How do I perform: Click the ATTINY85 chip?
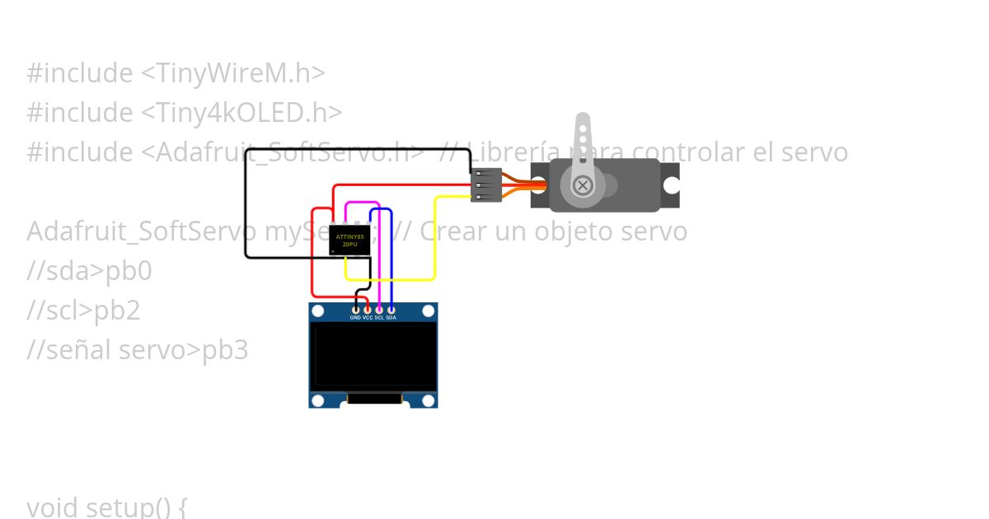349,241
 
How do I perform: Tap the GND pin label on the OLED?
355,317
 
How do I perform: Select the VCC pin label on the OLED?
368,317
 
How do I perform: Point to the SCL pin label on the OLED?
379,317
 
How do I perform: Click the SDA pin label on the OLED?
391,317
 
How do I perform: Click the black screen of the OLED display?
373,355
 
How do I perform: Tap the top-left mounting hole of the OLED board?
318,311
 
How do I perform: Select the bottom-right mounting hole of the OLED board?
429,400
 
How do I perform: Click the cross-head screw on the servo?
583,185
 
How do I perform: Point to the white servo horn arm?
583,136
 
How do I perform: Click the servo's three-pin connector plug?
486,185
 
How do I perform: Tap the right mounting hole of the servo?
672,185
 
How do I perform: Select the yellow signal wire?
434,239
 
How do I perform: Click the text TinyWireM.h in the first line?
233,73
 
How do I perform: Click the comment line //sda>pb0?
89,271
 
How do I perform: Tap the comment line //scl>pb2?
83,311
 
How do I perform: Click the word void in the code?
52,505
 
